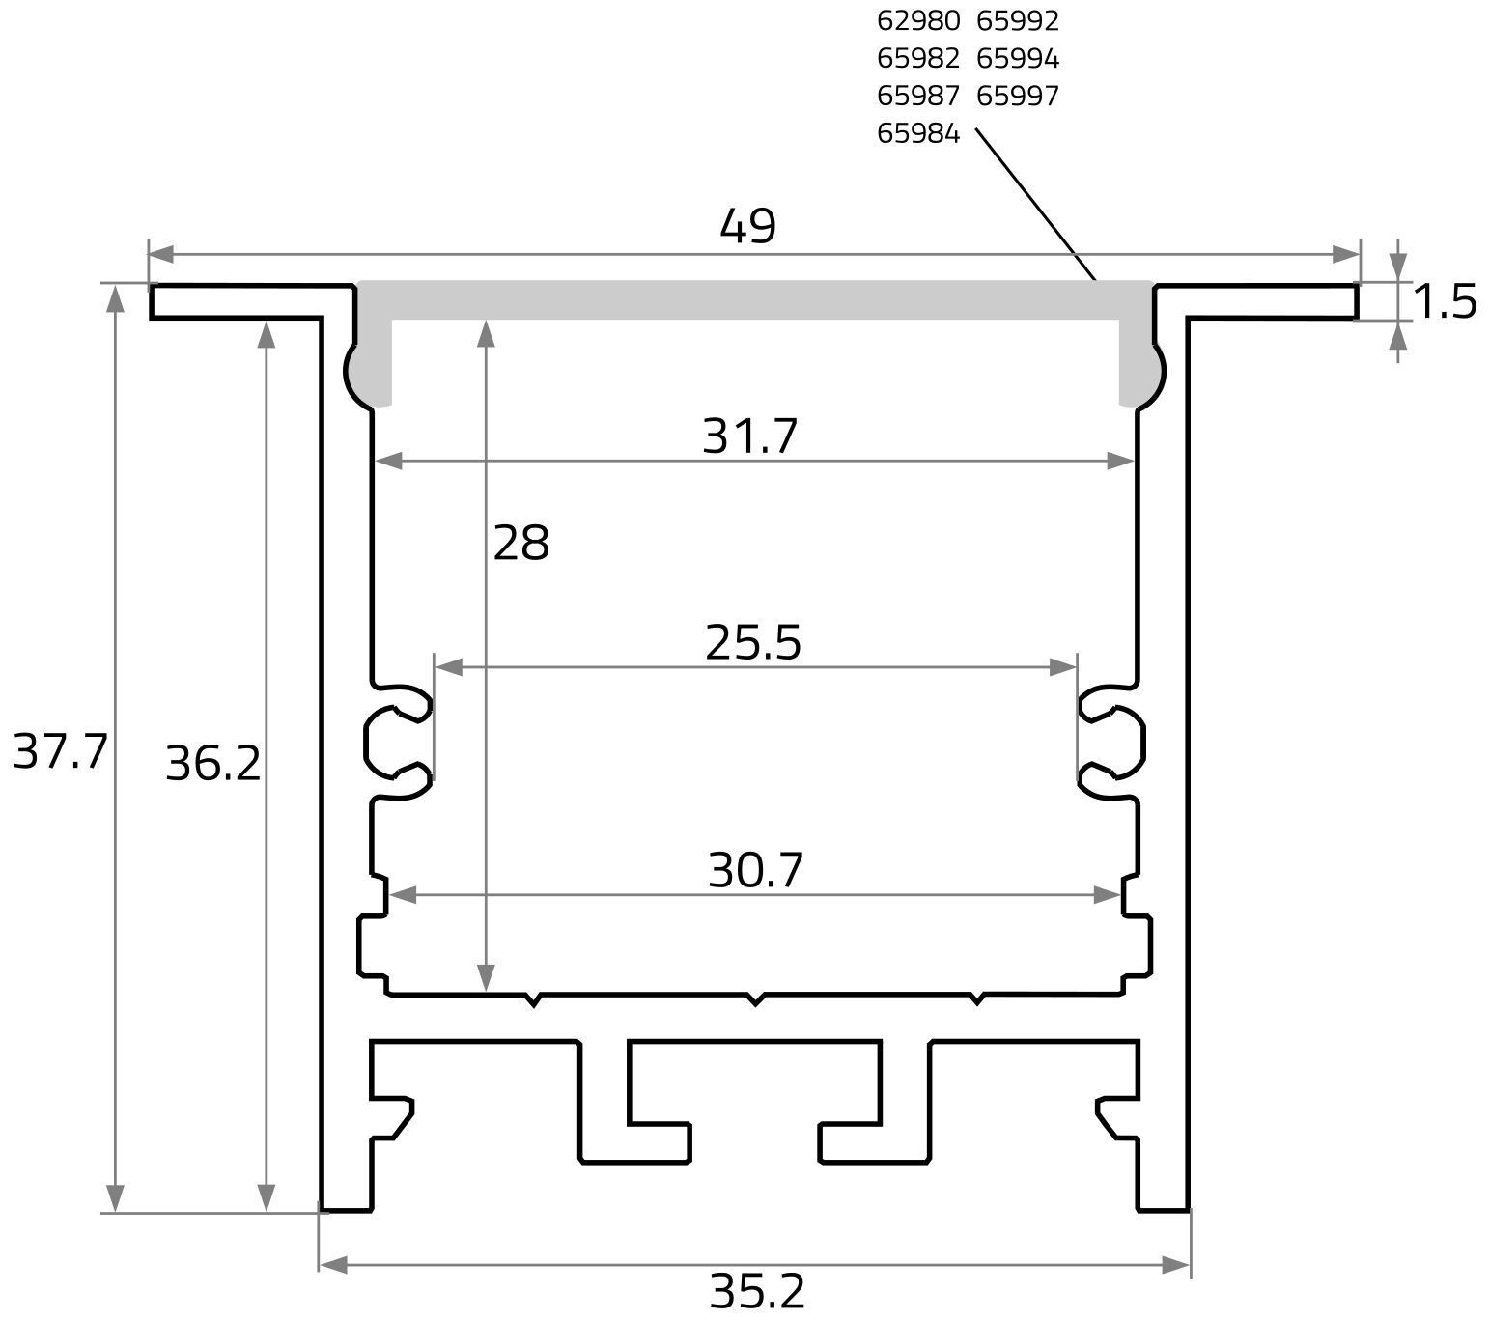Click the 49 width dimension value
pyautogui.click(x=747, y=226)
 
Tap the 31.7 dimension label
pyautogui.click(x=749, y=436)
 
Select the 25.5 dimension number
pyautogui.click(x=752, y=643)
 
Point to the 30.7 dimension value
pyautogui.click(x=755, y=870)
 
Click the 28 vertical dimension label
pyautogui.click(x=520, y=543)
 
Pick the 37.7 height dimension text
pyautogui.click(x=60, y=751)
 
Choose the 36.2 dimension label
pyautogui.click(x=213, y=763)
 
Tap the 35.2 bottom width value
pyautogui.click(x=757, y=1291)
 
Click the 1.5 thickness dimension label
pyautogui.click(x=1445, y=301)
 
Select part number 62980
pyautogui.click(x=918, y=20)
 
